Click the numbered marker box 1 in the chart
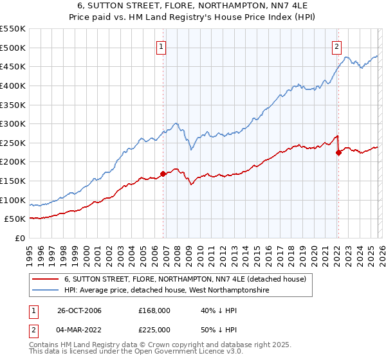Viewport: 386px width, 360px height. [161, 46]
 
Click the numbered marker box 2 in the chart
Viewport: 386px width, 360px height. [336, 46]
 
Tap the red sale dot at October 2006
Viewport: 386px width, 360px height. [163, 174]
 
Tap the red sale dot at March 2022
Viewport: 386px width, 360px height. [338, 152]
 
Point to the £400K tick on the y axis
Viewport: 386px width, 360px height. [13, 85]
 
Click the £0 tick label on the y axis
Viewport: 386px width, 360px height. [20, 238]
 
